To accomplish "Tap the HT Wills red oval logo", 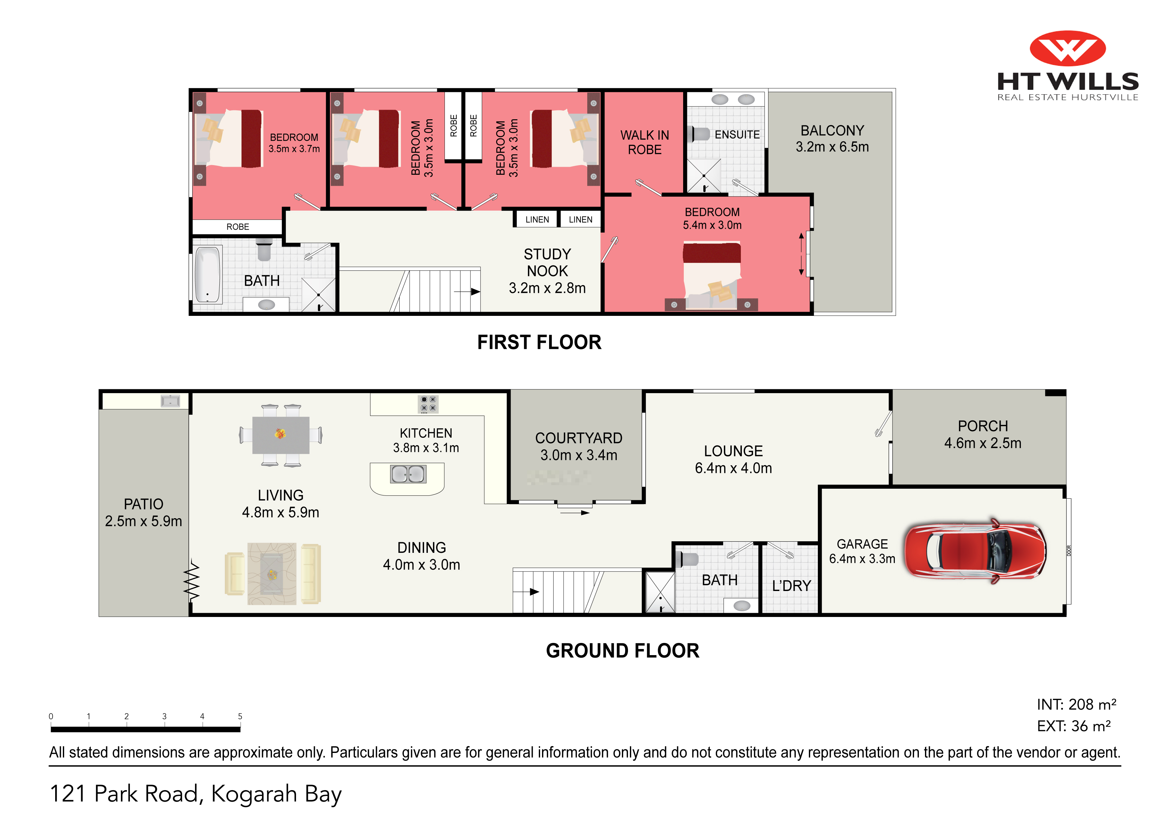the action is [x=1068, y=48].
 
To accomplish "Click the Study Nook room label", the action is [x=547, y=271].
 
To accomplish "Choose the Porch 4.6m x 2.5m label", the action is [x=982, y=434].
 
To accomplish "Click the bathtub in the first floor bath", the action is [x=208, y=274].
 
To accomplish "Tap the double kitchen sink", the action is [x=408, y=474].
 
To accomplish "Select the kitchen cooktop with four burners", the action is [x=428, y=404].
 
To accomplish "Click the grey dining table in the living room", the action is [x=281, y=435].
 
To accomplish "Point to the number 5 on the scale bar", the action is [x=240, y=716].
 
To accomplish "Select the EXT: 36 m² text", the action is [x=1074, y=726].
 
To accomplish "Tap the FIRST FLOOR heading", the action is [x=539, y=342].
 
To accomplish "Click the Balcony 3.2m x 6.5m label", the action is [x=832, y=139].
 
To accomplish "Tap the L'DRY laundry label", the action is [x=791, y=586].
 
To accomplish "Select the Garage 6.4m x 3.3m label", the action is [x=862, y=551].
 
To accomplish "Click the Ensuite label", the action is [x=737, y=135].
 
